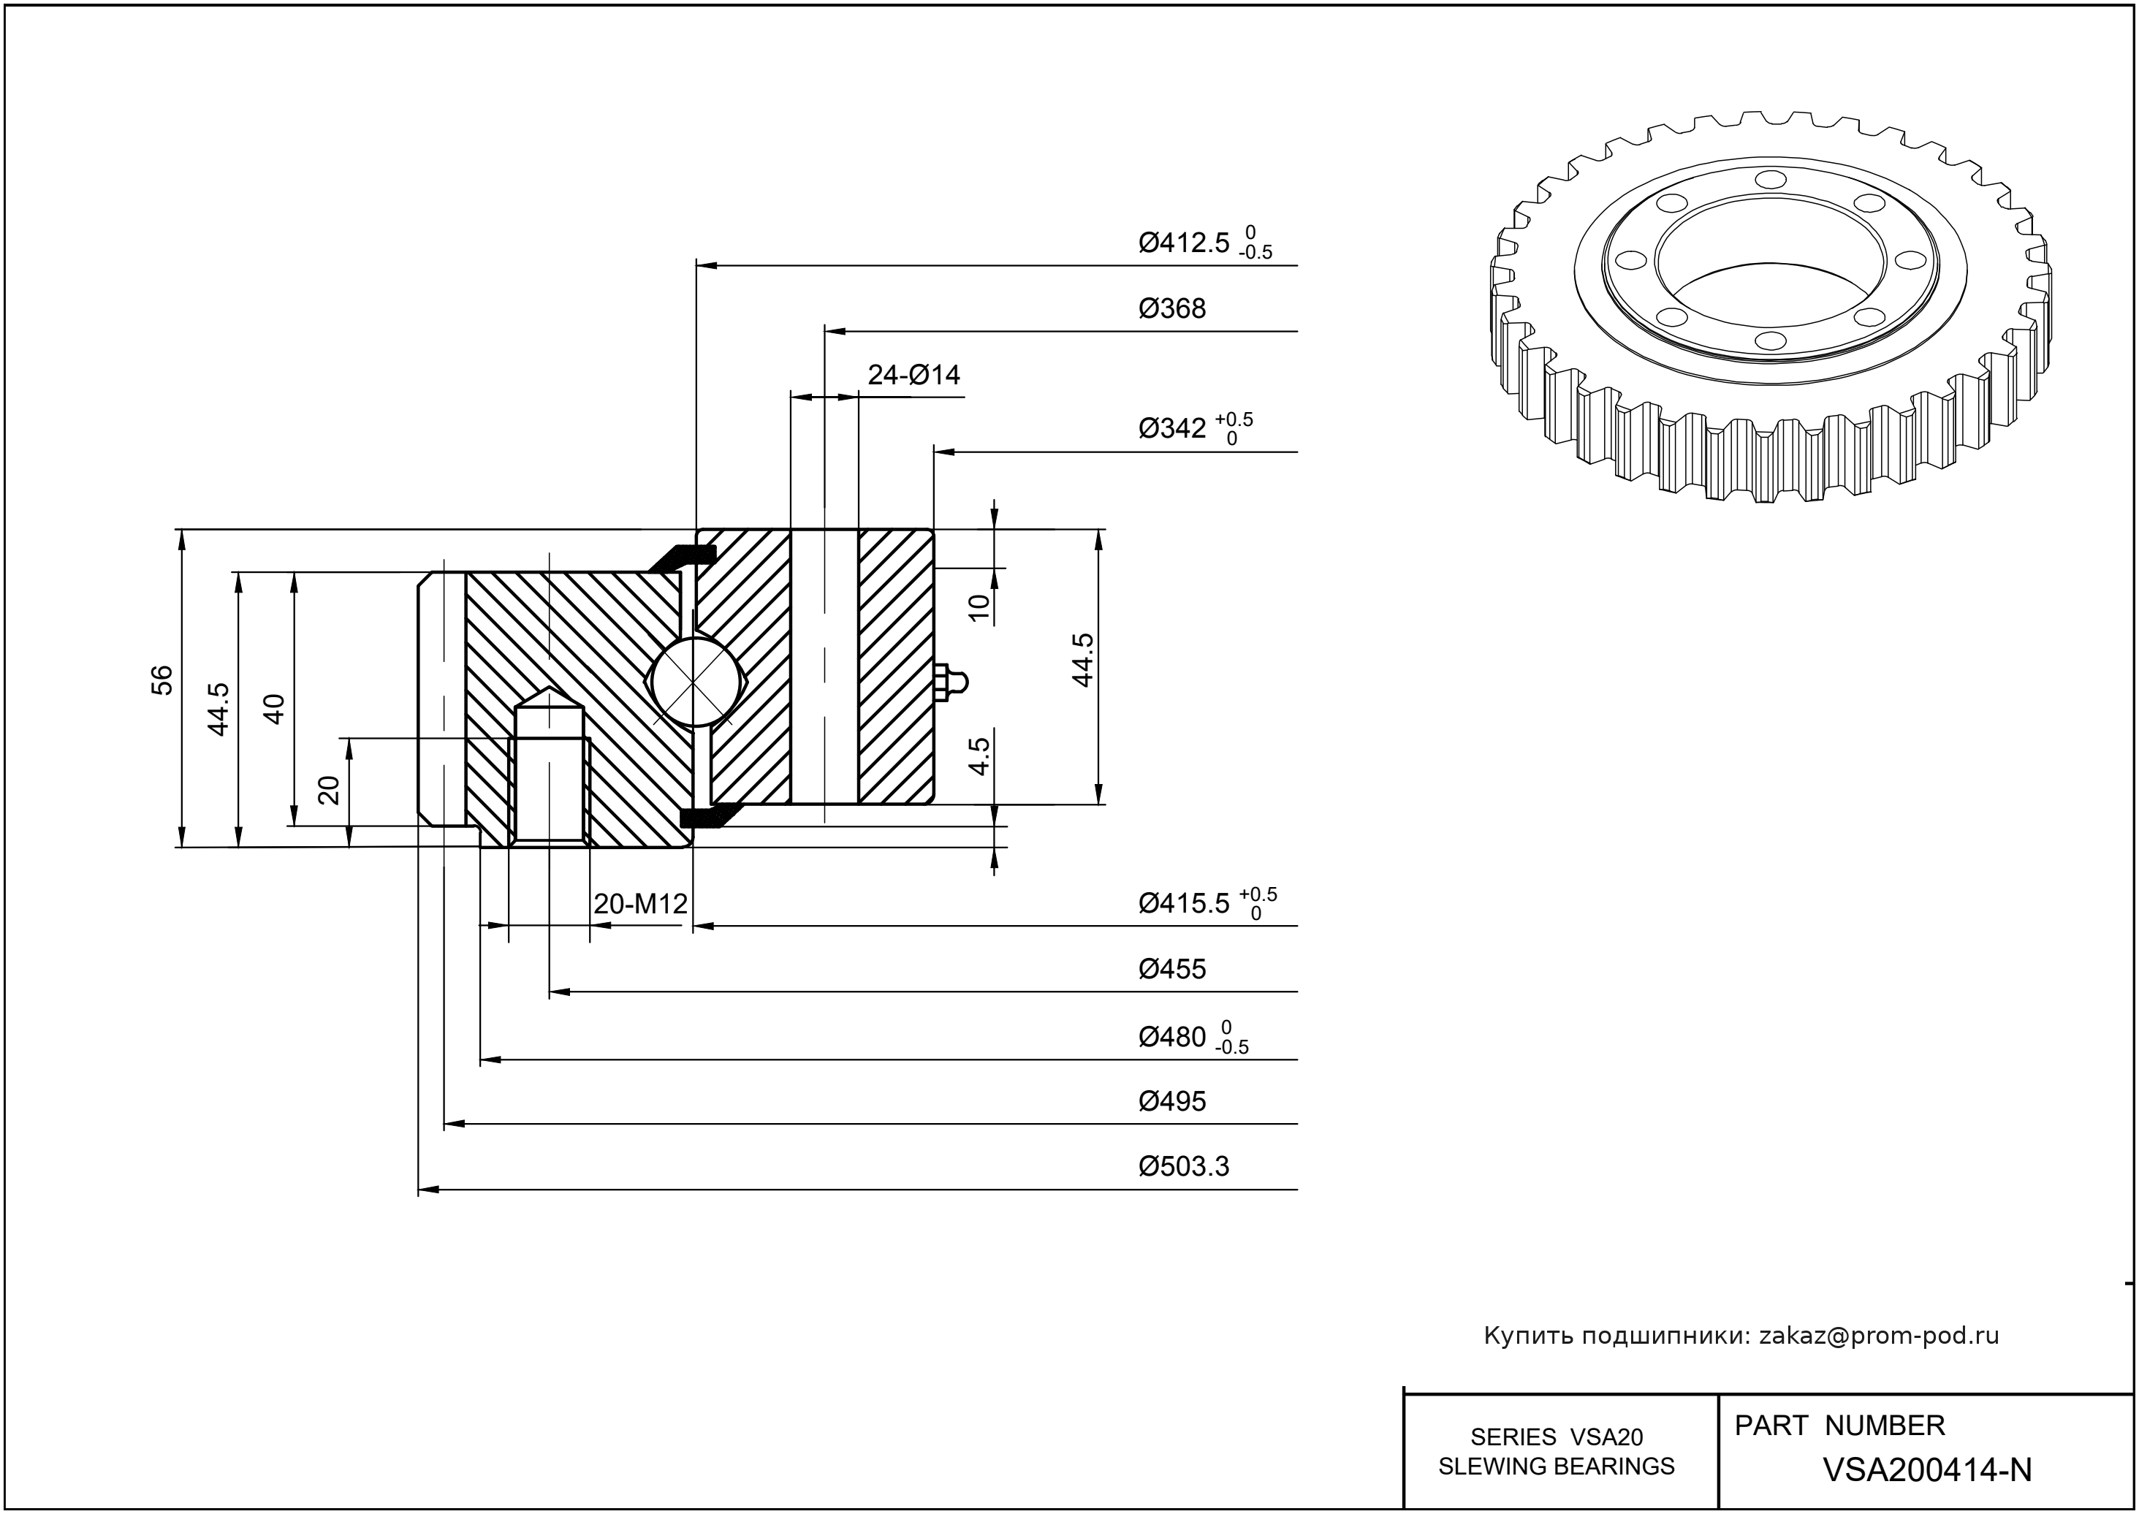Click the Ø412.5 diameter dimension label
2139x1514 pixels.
(x=1184, y=243)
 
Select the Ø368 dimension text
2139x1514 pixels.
(x=1172, y=308)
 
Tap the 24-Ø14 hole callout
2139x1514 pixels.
(x=913, y=375)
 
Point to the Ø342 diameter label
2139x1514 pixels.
(x=1172, y=429)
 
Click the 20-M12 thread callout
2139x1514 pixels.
(x=641, y=903)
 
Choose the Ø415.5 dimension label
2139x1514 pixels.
(x=1184, y=903)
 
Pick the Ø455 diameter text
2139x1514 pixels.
(x=1172, y=970)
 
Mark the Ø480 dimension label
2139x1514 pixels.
(x=1172, y=1037)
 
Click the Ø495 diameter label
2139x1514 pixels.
(x=1172, y=1102)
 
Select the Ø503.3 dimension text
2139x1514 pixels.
(x=1184, y=1167)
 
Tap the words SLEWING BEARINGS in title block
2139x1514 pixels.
(x=1557, y=1467)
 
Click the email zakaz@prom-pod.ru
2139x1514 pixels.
(x=1878, y=1336)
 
